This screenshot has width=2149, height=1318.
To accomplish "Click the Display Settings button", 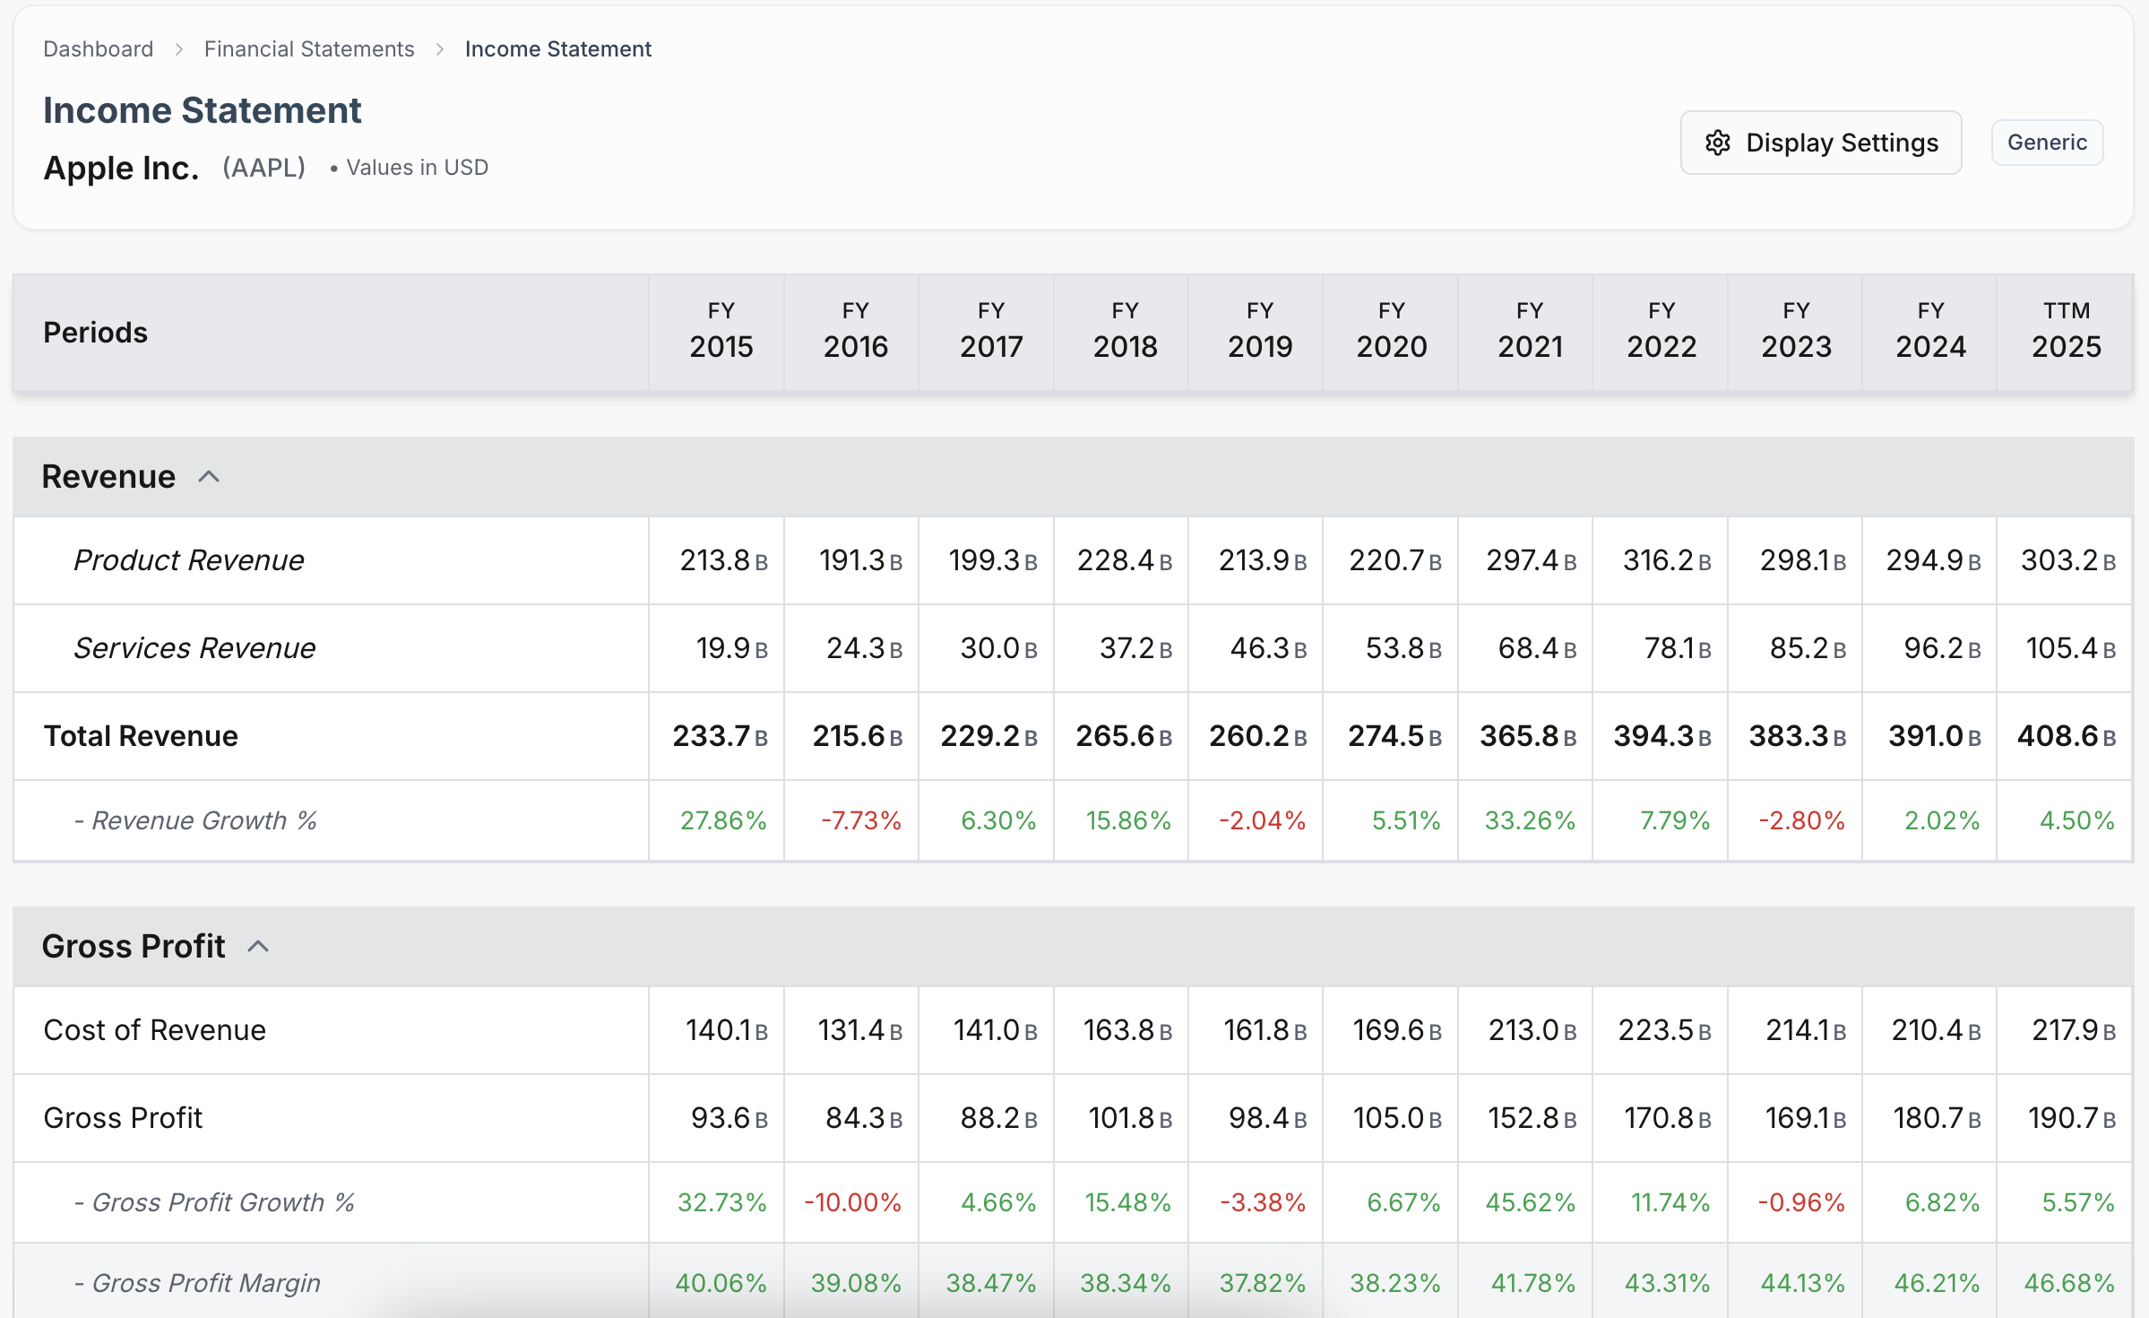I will [1820, 143].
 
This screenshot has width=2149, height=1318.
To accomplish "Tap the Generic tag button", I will [2046, 143].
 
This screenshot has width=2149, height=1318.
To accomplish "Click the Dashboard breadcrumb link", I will [99, 49].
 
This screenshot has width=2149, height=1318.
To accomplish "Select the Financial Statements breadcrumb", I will [309, 49].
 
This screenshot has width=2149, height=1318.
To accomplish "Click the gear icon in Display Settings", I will [1717, 143].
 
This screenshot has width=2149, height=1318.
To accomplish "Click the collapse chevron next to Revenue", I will [209, 477].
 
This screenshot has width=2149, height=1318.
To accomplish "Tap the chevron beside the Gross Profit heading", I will [258, 947].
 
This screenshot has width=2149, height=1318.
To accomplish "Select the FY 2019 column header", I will [1259, 332].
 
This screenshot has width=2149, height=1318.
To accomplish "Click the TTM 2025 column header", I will [2066, 332].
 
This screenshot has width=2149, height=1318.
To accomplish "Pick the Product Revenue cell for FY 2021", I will [1530, 560].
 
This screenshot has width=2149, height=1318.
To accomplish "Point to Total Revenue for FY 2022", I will [1661, 736].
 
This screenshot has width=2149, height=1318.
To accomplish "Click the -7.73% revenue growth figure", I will [860, 820].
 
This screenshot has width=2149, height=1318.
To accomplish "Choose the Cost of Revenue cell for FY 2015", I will [726, 1030].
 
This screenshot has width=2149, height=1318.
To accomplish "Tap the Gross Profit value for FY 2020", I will [1396, 1118].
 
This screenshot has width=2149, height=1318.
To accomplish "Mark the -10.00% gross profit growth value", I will [852, 1202].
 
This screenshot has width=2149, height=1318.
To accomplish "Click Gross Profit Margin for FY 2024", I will [1936, 1283].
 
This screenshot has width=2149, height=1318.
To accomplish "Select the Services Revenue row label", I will [194, 648].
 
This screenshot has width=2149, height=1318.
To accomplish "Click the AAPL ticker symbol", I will [264, 168].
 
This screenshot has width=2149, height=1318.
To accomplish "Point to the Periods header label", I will [96, 333].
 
